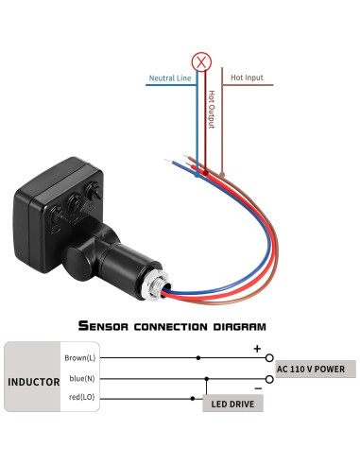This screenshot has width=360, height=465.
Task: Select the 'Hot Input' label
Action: pos(247,77)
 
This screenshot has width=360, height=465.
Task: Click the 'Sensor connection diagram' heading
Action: pos(172,326)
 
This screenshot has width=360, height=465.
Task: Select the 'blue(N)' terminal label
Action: pos(79,379)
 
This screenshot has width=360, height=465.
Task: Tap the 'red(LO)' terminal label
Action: pos(78,399)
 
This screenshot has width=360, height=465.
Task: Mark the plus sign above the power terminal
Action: pos(256,349)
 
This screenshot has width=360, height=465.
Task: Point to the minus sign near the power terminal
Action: pos(256,387)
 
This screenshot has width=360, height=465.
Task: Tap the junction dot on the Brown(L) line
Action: pos(197,359)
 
